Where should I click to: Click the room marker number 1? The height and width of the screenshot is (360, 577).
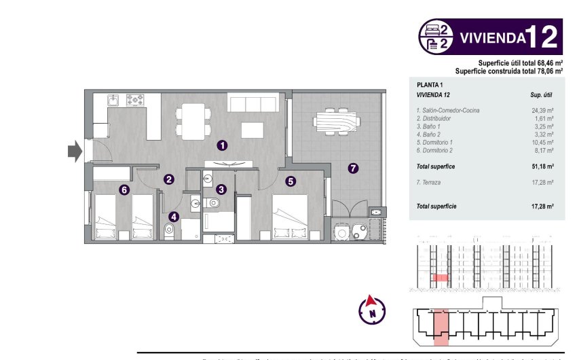[x=222, y=145]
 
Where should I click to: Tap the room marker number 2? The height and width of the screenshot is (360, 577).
[x=169, y=179]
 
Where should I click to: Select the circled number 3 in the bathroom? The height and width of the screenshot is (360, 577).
[x=221, y=189]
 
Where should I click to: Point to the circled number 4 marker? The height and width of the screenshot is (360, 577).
[x=174, y=217]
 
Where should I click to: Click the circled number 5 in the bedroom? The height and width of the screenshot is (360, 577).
[x=291, y=181]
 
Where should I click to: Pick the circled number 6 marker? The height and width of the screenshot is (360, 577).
[x=124, y=190]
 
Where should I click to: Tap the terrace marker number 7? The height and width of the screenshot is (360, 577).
[x=352, y=168]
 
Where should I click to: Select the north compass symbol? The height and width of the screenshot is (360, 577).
[x=371, y=309]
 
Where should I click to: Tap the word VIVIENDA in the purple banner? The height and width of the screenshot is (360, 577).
[x=491, y=37]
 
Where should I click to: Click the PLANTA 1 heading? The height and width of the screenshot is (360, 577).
[x=430, y=84]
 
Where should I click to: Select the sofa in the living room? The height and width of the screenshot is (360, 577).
[x=253, y=105]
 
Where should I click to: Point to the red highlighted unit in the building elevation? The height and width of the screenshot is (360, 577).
[x=441, y=278]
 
